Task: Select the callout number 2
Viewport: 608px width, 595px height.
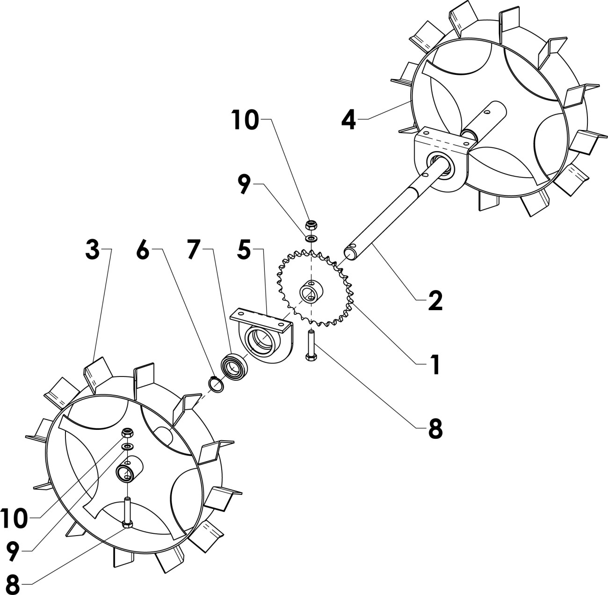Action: (434, 300)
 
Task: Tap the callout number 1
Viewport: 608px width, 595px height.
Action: (434, 364)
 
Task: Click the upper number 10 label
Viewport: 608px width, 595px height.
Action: (245, 120)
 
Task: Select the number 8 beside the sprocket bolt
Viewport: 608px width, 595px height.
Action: (434, 428)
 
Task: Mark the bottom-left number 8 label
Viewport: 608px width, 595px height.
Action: (13, 584)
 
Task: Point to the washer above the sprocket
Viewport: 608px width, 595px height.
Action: (311, 239)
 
